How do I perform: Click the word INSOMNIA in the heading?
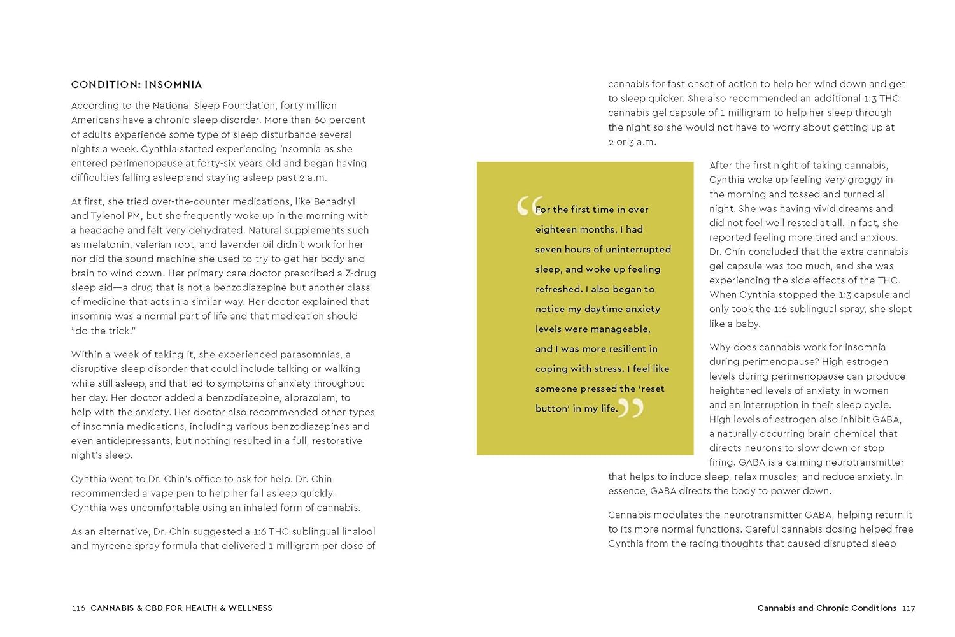(173, 85)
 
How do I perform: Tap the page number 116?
(78, 608)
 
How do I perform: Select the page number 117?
(909, 608)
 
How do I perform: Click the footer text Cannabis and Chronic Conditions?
(826, 608)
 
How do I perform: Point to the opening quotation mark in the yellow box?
(528, 206)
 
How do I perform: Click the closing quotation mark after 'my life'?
(631, 408)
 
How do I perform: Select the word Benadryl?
(334, 201)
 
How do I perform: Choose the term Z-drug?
(360, 273)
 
